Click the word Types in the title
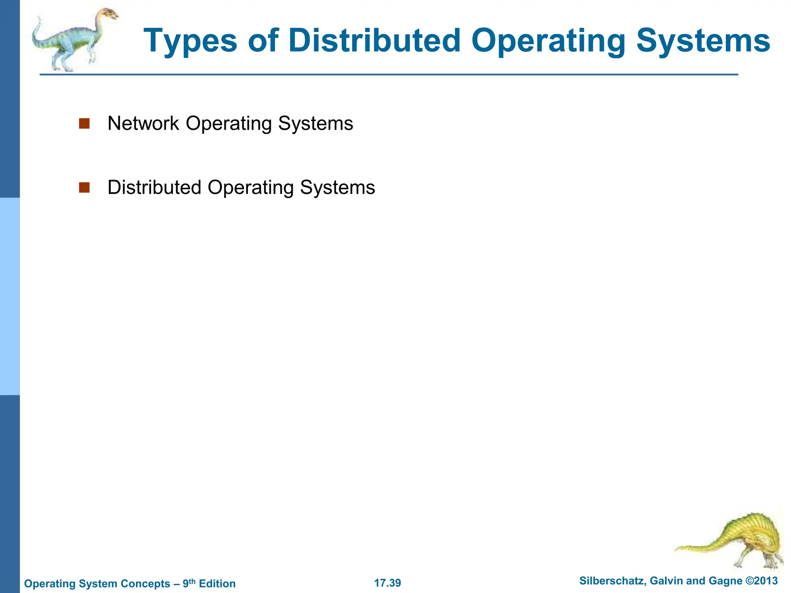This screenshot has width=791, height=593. coord(190,41)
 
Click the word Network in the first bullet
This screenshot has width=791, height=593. coord(143,124)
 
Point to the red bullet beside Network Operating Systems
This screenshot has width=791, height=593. coord(84,124)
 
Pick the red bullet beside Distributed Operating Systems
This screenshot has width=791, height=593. coord(84,188)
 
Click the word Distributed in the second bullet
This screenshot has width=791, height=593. coord(154,188)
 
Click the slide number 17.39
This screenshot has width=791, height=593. coord(387,583)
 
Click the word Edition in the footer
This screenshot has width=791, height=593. coord(217,583)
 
